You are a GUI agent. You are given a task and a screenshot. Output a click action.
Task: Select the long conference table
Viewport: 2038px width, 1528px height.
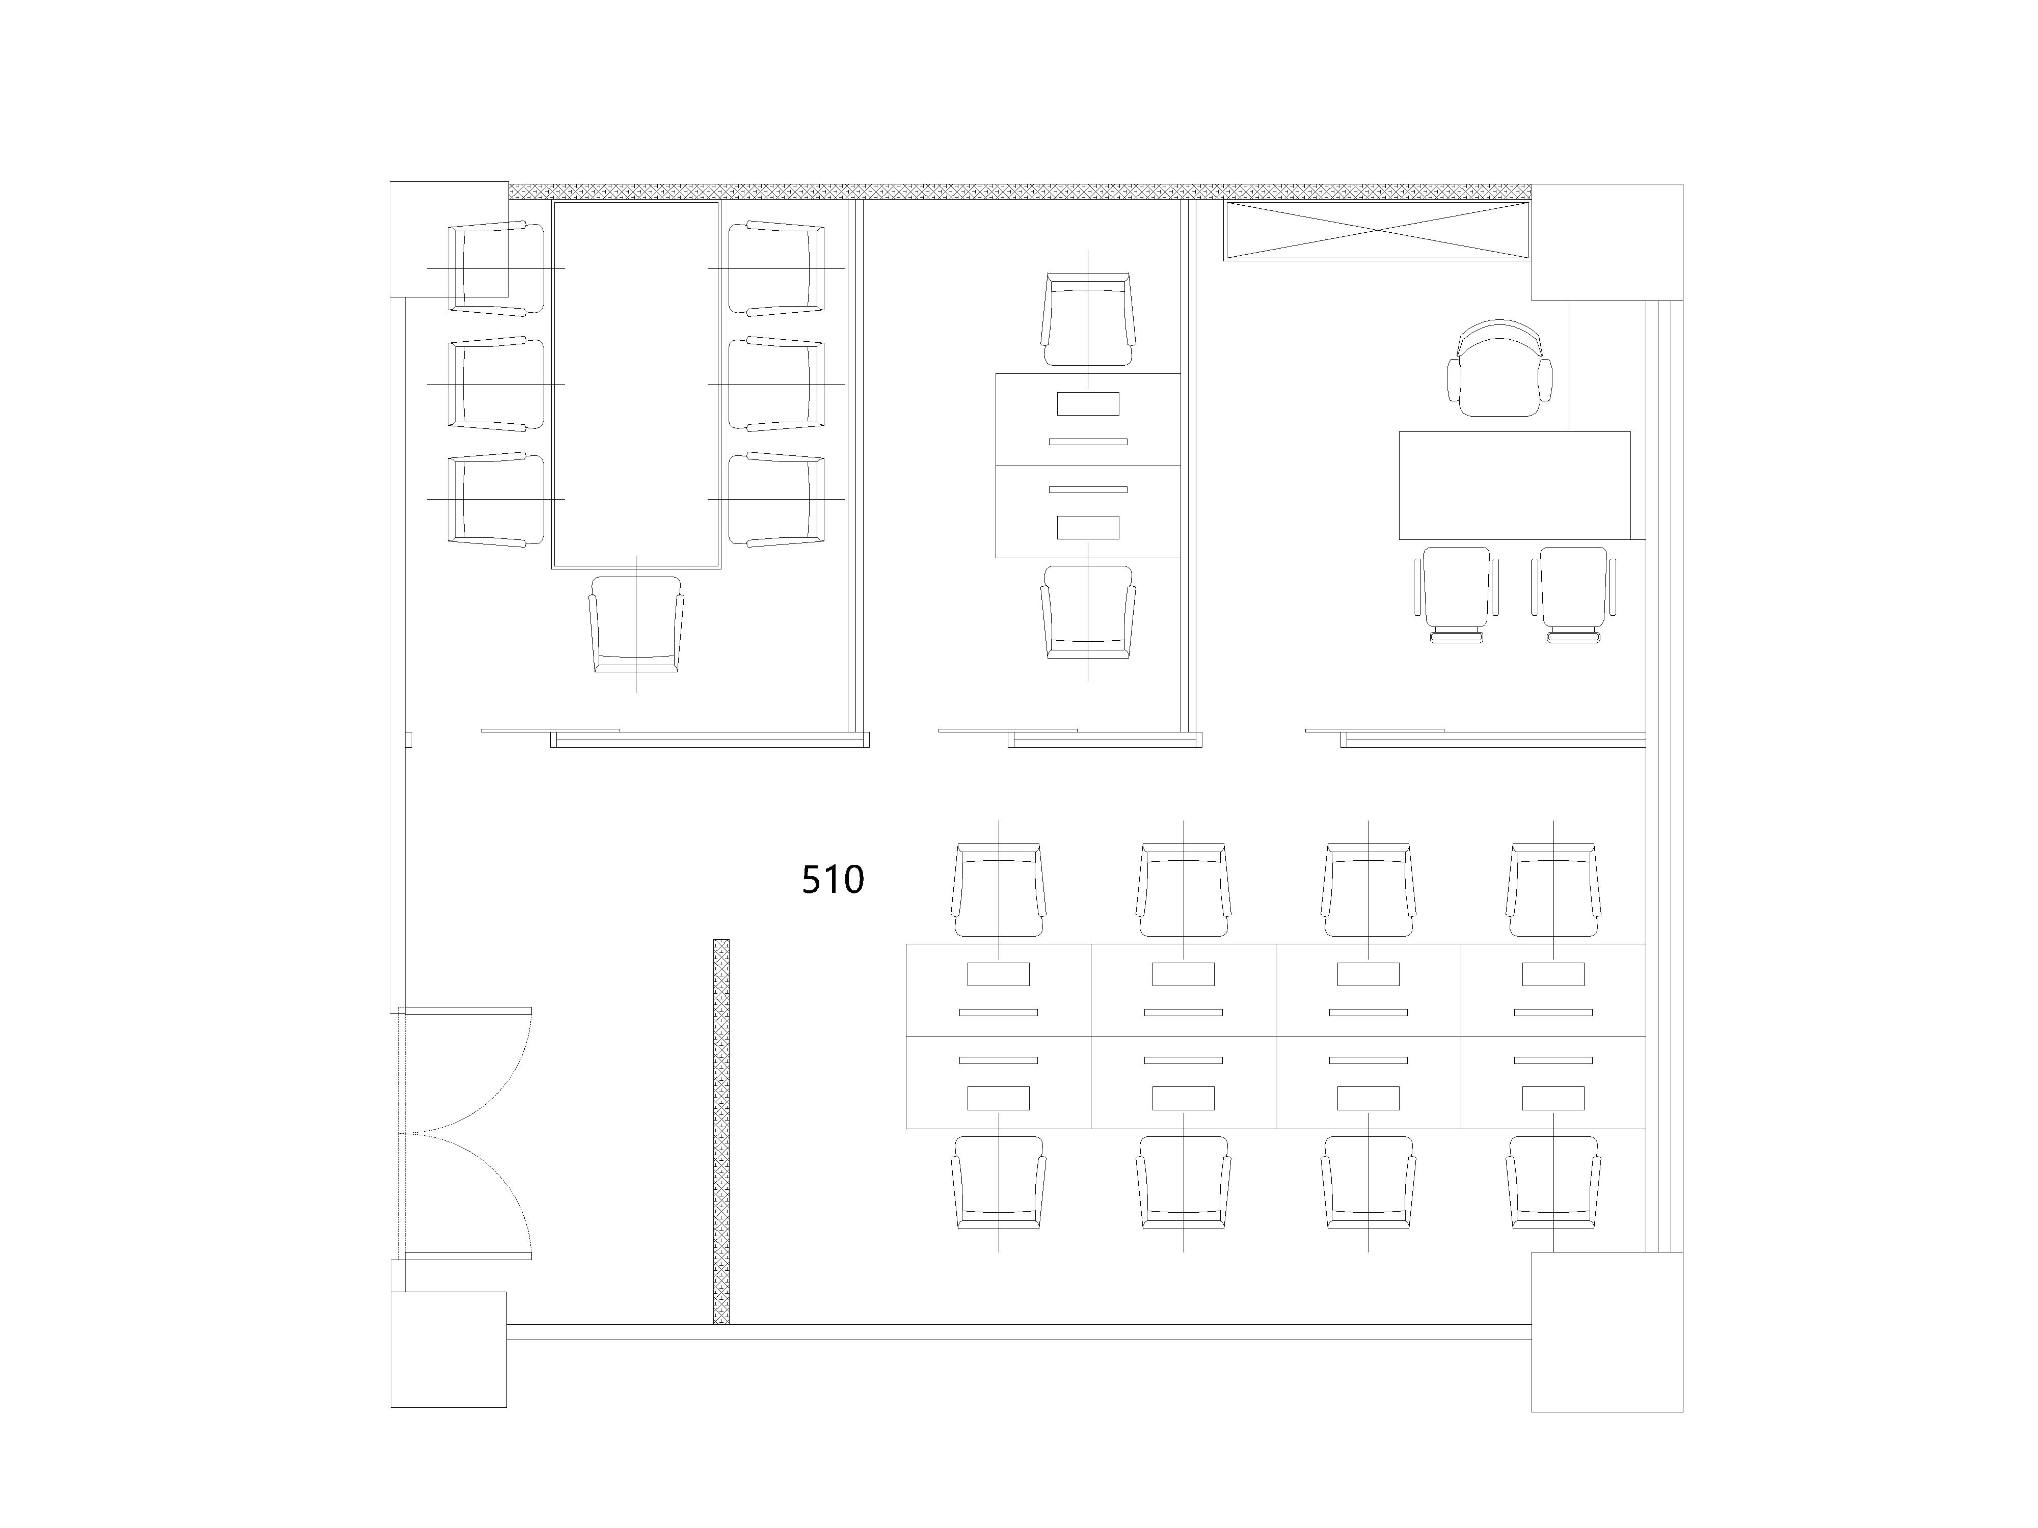[636, 385]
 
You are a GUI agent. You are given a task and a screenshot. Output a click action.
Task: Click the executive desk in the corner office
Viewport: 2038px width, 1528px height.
[1514, 485]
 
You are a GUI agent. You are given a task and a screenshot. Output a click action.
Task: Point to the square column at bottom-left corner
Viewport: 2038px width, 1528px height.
[449, 1349]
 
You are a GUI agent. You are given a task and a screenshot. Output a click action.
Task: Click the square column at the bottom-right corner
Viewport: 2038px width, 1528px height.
[1607, 1332]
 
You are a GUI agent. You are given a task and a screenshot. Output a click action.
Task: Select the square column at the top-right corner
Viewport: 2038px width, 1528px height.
[1607, 242]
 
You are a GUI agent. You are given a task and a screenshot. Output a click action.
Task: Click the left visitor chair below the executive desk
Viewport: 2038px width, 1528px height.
[1456, 594]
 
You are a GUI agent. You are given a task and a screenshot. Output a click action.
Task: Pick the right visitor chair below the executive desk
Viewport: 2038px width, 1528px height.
[1574, 594]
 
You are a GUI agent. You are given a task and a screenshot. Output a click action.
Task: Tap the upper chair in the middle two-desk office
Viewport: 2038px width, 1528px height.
[1088, 319]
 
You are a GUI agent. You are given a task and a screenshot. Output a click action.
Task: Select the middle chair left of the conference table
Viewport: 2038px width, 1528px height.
[496, 384]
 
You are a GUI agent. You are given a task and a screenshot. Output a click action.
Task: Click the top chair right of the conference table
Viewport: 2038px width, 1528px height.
[776, 268]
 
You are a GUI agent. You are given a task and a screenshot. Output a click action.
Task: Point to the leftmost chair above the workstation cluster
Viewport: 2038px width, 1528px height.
[999, 890]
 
